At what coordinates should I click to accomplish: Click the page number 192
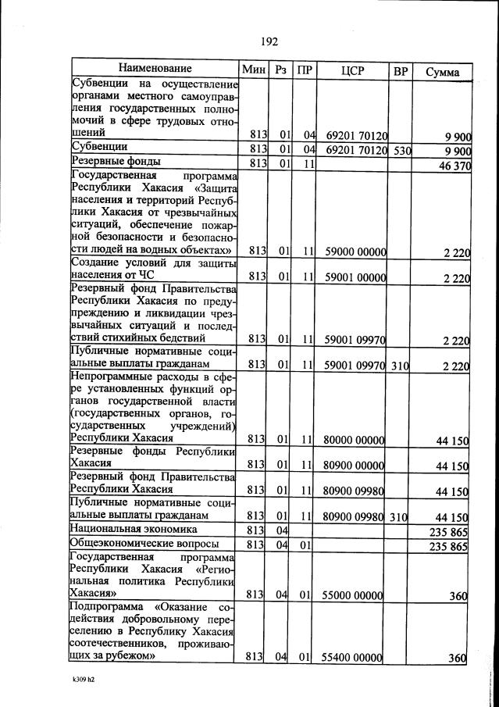tap(269, 41)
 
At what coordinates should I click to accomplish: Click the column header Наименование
tap(155, 70)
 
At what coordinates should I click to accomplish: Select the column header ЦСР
tap(353, 71)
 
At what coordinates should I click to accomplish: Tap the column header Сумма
tap(442, 72)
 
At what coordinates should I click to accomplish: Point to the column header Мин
tap(255, 70)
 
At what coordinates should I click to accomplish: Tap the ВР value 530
tap(401, 149)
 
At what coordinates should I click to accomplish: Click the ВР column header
tap(401, 71)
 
